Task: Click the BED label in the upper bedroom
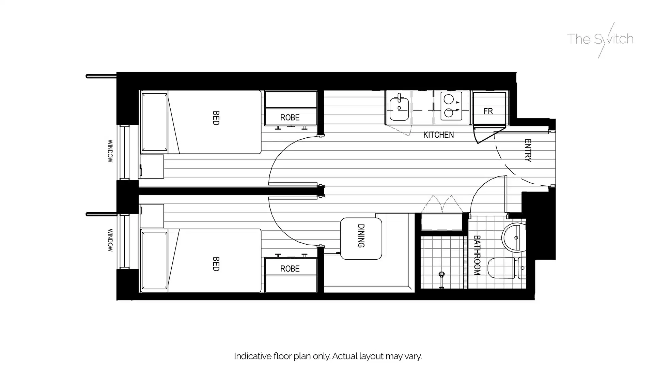216,118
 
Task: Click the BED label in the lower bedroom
216,264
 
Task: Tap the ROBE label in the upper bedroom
290,118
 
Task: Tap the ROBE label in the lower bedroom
290,269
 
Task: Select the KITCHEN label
438,135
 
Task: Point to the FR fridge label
488,111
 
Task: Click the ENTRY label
528,150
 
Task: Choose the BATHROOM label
477,255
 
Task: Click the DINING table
361,239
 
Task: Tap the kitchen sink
399,108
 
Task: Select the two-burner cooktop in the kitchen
451,106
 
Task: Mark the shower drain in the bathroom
441,274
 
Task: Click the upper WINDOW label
110,151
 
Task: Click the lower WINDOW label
110,240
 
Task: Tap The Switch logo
600,39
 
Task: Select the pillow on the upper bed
154,122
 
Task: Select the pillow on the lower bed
154,261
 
